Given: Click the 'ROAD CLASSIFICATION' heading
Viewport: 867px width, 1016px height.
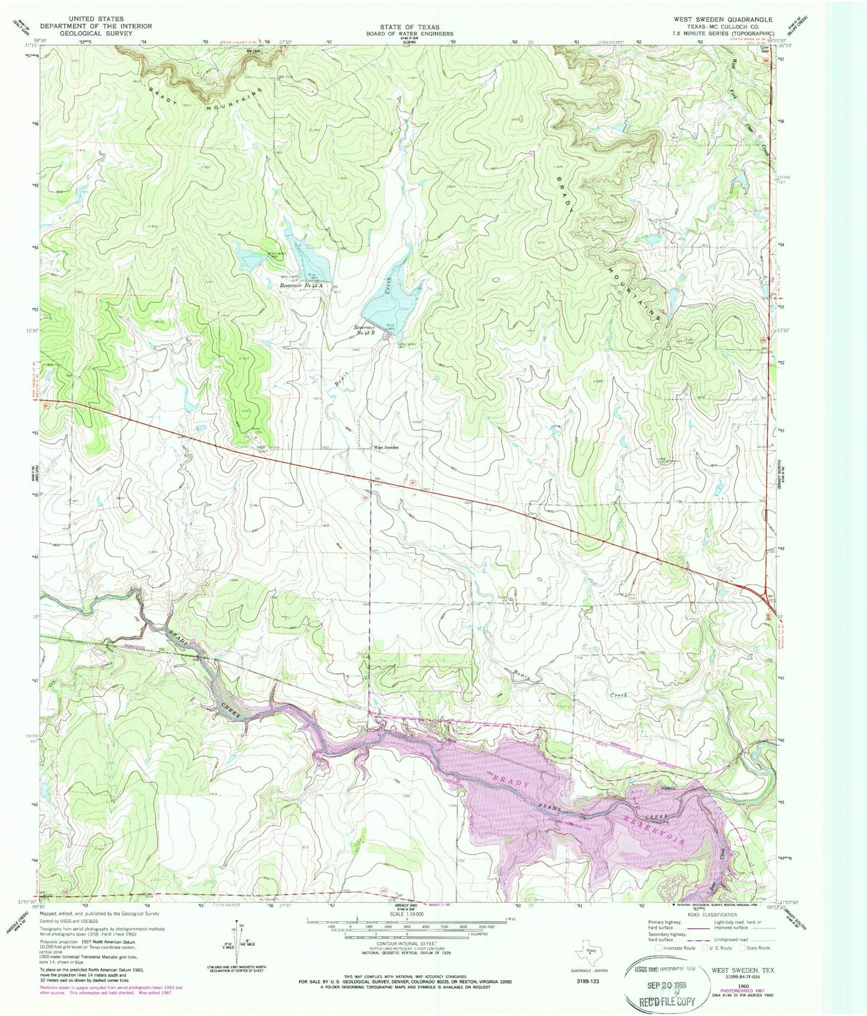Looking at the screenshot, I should click(712, 915).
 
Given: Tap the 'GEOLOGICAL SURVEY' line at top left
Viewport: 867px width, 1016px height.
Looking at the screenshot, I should click(96, 34).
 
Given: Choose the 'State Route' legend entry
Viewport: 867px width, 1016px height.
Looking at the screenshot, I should click(757, 948).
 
